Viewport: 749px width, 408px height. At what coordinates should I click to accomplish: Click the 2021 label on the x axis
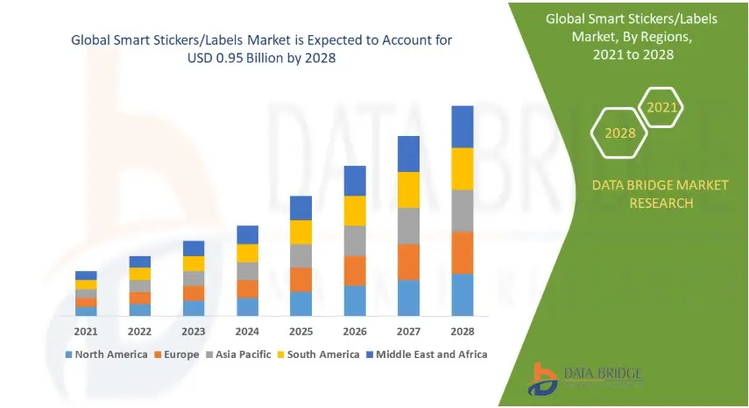[x=86, y=332]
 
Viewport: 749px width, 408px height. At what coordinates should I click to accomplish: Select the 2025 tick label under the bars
[x=300, y=332]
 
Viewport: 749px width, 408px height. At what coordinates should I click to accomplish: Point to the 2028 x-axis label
[x=462, y=332]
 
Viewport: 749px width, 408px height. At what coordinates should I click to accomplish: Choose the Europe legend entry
[x=178, y=354]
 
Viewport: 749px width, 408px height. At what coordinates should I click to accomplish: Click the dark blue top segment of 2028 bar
[x=462, y=126]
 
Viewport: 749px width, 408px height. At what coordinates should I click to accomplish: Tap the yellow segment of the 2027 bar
[x=408, y=190]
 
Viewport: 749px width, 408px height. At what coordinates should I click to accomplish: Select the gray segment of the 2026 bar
[x=355, y=240]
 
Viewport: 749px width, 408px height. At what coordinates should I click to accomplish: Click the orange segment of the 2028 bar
[x=462, y=253]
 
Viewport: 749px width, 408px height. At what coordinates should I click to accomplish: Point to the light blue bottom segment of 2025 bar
[x=300, y=304]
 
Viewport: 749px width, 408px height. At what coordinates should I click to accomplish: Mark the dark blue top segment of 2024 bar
[x=247, y=234]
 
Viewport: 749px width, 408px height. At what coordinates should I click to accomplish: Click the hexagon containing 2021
[x=661, y=108]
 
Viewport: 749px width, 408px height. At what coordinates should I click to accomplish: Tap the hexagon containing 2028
[x=619, y=133]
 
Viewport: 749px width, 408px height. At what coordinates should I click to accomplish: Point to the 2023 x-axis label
[x=194, y=332]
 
